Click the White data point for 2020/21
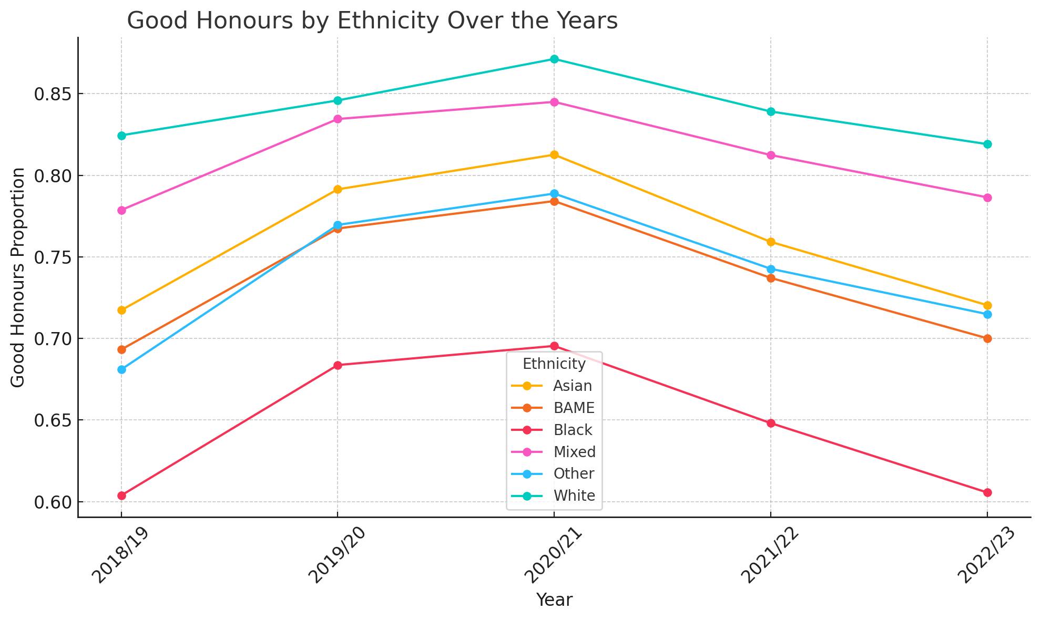click(x=554, y=59)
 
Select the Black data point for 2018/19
click(x=121, y=495)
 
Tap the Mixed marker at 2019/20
click(x=338, y=119)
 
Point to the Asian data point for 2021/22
click(x=771, y=242)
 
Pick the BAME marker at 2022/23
click(x=987, y=338)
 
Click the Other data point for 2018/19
click(x=121, y=369)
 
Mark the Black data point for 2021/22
click(x=771, y=423)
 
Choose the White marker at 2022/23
click(x=987, y=144)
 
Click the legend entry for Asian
click(x=572, y=386)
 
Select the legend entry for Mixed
click(x=574, y=452)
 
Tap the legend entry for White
click(x=574, y=496)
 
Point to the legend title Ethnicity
click(x=554, y=364)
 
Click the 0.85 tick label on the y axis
click(x=52, y=95)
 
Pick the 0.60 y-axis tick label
click(x=52, y=502)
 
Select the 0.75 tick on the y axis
click(x=52, y=257)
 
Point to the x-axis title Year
click(x=554, y=600)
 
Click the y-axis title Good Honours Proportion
click(x=18, y=277)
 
